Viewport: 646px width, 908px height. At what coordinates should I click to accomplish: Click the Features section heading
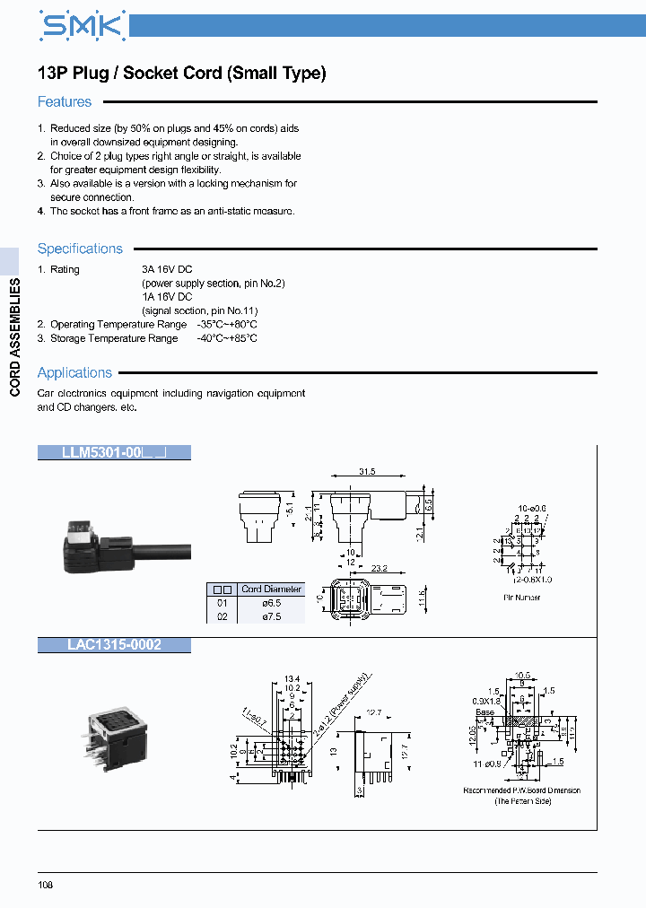(x=65, y=102)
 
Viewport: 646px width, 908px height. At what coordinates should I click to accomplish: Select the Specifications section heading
(x=80, y=249)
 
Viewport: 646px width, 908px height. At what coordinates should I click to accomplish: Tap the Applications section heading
(x=74, y=372)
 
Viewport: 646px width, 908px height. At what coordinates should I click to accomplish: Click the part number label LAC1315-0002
(x=114, y=644)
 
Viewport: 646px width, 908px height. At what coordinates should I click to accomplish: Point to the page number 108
(x=46, y=886)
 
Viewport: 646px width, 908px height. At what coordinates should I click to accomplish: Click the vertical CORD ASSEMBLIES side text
(x=14, y=337)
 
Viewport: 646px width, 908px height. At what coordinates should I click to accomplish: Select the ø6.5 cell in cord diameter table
(x=271, y=603)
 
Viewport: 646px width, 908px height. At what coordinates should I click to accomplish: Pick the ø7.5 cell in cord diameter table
(x=271, y=616)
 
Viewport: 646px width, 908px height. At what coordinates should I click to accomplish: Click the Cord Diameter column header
(x=272, y=589)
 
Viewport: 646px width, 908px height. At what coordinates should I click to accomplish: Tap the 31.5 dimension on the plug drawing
(x=367, y=471)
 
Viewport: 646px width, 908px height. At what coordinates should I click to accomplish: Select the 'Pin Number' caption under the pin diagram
(x=521, y=598)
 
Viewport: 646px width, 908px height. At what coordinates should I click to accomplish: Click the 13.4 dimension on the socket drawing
(x=291, y=678)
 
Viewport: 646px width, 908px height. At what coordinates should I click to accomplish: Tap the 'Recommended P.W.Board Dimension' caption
(x=521, y=790)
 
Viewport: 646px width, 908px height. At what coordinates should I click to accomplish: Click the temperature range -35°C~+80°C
(x=227, y=325)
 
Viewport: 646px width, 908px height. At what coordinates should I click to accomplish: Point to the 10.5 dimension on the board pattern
(x=521, y=675)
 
